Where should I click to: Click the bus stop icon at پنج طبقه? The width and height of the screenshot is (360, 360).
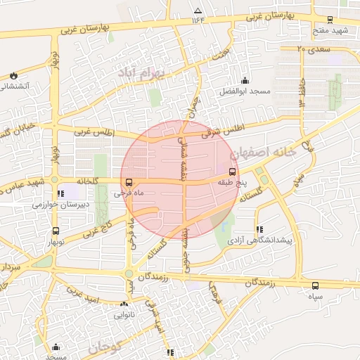(232, 171)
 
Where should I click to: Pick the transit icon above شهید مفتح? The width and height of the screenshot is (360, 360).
(330, 20)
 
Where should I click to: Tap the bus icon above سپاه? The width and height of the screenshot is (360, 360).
(315, 285)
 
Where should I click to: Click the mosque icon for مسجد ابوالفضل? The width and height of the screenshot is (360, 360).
(245, 80)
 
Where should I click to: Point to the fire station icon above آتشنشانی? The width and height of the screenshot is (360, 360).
(15, 75)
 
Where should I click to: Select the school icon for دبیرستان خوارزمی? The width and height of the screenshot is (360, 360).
(61, 193)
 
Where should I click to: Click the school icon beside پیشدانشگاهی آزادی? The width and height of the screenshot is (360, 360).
(260, 229)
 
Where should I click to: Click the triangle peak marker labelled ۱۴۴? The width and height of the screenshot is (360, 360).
(198, 11)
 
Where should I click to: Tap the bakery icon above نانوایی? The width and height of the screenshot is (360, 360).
(124, 304)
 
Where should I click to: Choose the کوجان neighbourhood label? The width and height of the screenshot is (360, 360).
(106, 347)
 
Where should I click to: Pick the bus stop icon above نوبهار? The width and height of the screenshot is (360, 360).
(56, 231)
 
